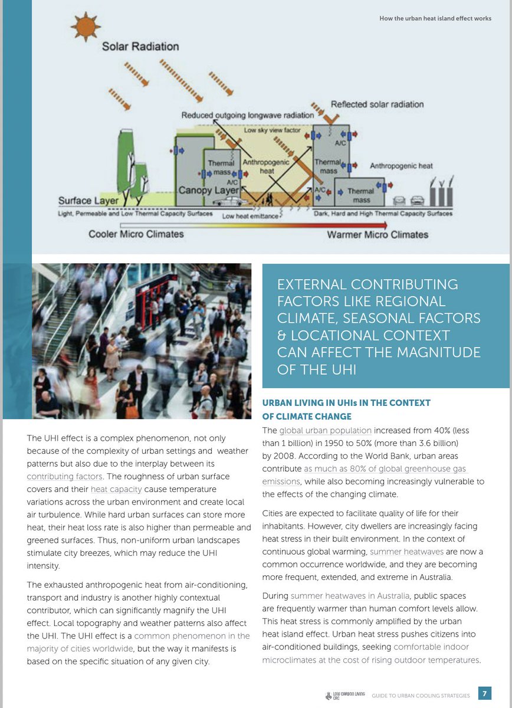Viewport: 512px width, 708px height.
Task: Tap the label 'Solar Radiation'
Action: click(140, 46)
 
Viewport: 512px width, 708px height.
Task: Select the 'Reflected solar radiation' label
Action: click(377, 104)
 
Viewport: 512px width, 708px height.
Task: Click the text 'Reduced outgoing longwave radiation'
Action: click(248, 115)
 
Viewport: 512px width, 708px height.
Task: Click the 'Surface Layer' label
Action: click(88, 201)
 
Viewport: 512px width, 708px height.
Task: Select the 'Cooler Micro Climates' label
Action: click(136, 234)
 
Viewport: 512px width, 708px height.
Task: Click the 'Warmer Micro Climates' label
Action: click(378, 234)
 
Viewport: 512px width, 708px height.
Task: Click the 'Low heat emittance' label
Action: click(250, 217)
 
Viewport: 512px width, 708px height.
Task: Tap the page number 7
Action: click(484, 693)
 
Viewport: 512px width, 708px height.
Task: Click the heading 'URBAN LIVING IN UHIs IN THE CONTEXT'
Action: click(346, 403)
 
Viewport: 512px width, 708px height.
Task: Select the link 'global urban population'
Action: click(325, 430)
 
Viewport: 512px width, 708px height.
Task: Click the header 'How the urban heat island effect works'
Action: click(435, 18)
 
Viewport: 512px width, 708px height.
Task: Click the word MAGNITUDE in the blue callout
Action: click(436, 353)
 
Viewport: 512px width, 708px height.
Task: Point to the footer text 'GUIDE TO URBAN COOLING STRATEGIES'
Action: click(421, 696)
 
